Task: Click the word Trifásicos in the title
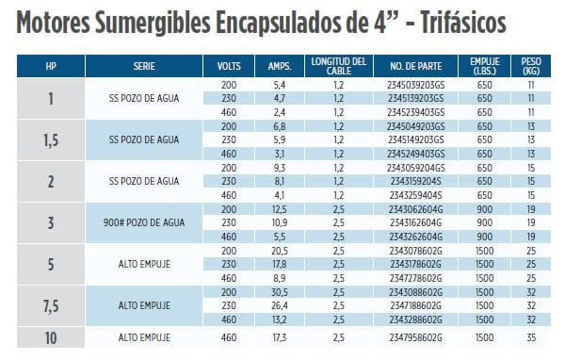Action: tap(463, 23)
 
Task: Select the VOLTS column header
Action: tap(229, 66)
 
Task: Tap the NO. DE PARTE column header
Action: tap(416, 66)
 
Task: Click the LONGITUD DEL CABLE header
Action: tap(339, 66)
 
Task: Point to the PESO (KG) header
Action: tap(531, 66)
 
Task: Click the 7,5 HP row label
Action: tap(51, 306)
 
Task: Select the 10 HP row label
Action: tap(51, 338)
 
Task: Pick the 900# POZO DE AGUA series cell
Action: tap(144, 222)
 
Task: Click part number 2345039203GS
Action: tap(416, 85)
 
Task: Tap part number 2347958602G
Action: tap(415, 337)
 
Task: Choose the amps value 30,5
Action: tap(280, 292)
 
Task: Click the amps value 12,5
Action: tap(280, 209)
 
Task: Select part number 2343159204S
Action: tap(416, 181)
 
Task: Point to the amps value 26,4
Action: tap(280, 306)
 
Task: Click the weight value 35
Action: tap(531, 337)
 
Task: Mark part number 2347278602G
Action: tap(415, 278)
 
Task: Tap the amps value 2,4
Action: tap(280, 112)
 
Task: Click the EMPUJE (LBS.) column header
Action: tap(485, 66)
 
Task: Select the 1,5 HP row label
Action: tap(51, 140)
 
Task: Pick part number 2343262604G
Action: tap(415, 237)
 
